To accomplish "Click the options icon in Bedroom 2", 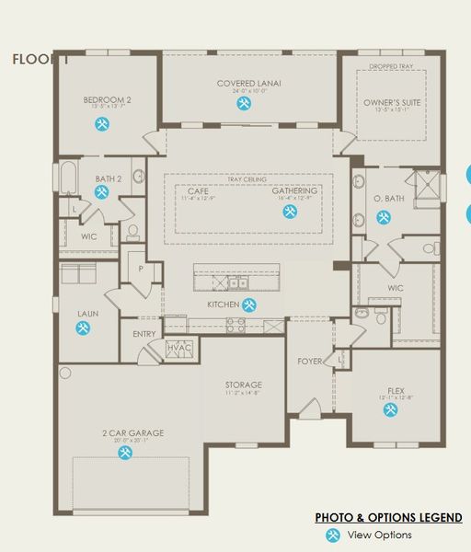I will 98,124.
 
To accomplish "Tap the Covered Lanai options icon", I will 244,103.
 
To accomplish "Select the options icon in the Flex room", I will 384,411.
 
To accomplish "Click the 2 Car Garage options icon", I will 123,452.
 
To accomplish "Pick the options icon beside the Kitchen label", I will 249,305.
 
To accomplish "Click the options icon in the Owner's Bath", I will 384,217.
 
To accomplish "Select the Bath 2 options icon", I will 101,191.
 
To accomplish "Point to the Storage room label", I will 244,385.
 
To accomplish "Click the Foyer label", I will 310,362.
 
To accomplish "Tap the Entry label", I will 144,334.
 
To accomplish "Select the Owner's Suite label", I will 392,102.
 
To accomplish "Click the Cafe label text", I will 199,190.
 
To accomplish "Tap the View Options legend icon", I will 333,535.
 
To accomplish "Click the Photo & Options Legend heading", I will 388,518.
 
